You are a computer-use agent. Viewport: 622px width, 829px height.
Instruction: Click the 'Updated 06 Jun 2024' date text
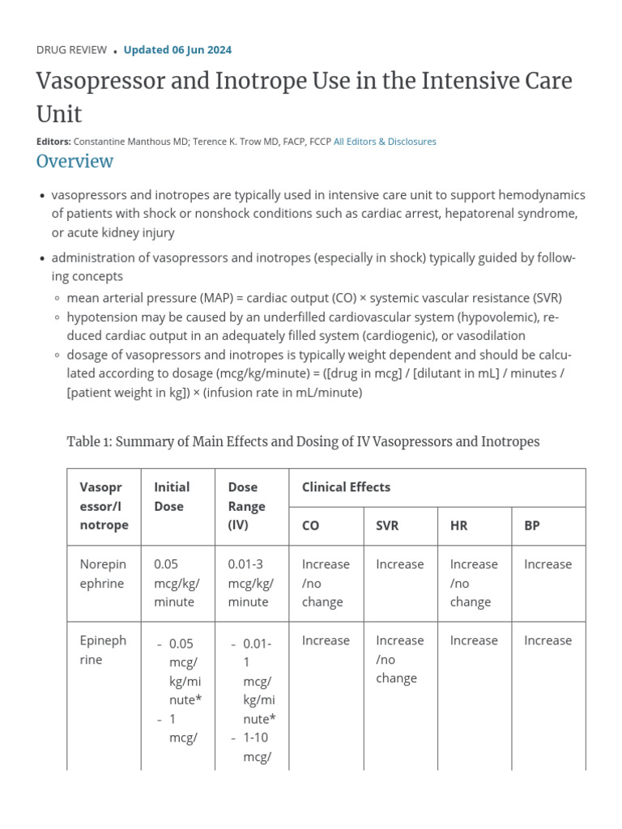pyautogui.click(x=177, y=50)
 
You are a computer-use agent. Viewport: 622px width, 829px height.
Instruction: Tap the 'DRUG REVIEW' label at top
pyautogui.click(x=71, y=50)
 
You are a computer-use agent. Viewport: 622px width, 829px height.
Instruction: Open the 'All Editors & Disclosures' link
pyautogui.click(x=385, y=142)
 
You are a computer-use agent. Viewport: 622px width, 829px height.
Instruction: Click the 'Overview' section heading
pyautogui.click(x=75, y=161)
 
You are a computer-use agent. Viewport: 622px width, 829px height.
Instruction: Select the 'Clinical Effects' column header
pyautogui.click(x=346, y=487)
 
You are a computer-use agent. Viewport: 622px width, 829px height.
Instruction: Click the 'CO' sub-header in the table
pyautogui.click(x=310, y=525)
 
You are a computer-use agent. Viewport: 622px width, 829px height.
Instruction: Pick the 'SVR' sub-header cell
pyautogui.click(x=387, y=525)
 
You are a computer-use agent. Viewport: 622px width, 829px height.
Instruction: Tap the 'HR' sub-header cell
pyautogui.click(x=458, y=525)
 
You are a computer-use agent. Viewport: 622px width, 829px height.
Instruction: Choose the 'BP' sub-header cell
pyautogui.click(x=531, y=525)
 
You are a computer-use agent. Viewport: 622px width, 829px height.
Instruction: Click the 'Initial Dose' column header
pyautogui.click(x=172, y=496)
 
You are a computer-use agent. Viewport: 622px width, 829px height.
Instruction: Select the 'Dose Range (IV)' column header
pyautogui.click(x=246, y=506)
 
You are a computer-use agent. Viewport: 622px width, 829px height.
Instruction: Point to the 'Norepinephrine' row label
pyautogui.click(x=102, y=574)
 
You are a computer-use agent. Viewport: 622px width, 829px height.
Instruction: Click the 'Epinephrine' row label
pyautogui.click(x=103, y=650)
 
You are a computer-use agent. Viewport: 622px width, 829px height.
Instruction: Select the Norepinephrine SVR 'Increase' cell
pyautogui.click(x=399, y=564)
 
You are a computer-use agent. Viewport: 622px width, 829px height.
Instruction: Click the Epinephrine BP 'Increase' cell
pyautogui.click(x=547, y=640)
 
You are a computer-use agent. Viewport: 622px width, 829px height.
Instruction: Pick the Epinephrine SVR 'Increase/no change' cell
pyautogui.click(x=399, y=659)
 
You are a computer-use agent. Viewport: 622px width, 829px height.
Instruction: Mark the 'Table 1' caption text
pyautogui.click(x=302, y=441)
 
